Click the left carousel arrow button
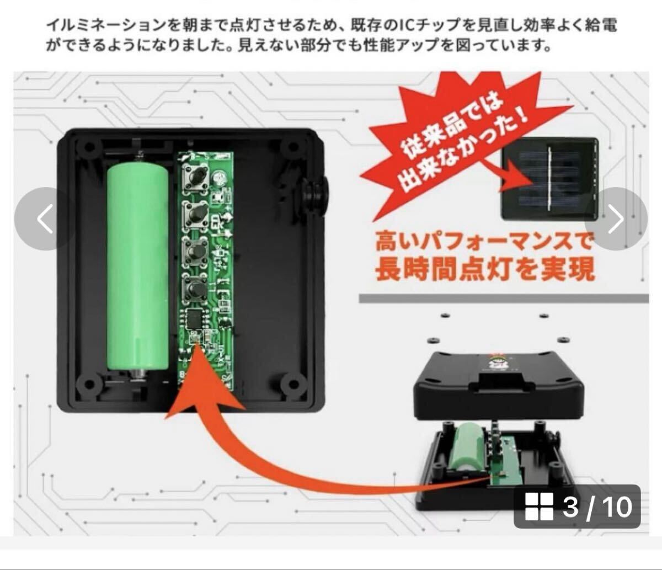pos(45,219)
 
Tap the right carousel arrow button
pos(616,219)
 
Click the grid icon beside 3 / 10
pos(539,507)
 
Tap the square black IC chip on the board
pos(194,318)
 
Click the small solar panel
pos(549,179)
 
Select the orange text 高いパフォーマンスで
pos(483,242)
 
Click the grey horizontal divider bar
pos(504,299)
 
